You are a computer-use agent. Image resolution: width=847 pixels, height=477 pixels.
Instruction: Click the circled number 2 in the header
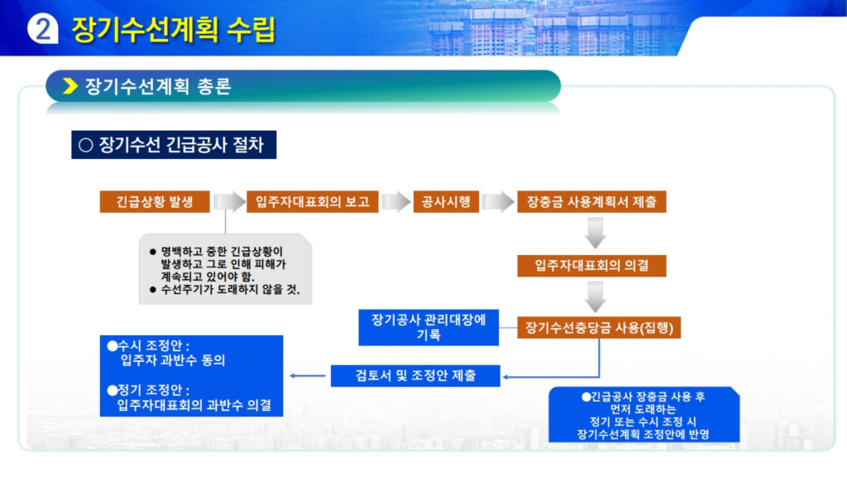[x=42, y=29]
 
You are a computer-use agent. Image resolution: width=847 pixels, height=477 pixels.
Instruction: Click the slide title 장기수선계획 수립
[x=174, y=29]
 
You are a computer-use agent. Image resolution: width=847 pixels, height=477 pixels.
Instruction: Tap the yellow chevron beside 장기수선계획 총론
[x=70, y=86]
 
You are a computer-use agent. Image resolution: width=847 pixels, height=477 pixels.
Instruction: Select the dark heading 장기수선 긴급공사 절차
[x=174, y=144]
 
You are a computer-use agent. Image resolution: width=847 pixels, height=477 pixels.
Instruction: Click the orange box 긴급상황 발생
[x=155, y=202]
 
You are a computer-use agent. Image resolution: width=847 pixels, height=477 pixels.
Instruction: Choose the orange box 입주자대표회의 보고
[x=312, y=202]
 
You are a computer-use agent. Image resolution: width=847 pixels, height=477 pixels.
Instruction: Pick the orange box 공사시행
[x=446, y=202]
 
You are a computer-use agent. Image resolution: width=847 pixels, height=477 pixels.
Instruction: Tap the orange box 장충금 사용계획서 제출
[x=591, y=202]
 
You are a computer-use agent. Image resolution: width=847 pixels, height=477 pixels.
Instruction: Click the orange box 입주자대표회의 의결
[x=591, y=266]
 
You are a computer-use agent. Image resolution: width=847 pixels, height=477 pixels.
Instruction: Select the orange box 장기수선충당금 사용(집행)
[x=599, y=328]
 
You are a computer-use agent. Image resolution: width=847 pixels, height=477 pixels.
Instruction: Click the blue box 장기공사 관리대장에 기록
[x=428, y=327]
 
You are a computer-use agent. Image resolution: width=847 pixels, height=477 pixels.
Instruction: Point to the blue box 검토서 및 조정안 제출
[x=415, y=375]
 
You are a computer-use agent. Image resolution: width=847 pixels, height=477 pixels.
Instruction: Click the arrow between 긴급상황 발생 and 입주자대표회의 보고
[x=229, y=202]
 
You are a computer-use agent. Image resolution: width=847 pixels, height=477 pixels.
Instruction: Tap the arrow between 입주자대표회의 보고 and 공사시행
[x=396, y=202]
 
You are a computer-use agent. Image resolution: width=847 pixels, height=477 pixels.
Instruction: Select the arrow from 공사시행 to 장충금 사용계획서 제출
[x=497, y=202]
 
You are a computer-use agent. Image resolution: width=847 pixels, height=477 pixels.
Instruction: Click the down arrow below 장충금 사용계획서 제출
[x=595, y=233]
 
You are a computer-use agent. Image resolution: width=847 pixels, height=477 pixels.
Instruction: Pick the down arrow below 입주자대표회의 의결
[x=595, y=297]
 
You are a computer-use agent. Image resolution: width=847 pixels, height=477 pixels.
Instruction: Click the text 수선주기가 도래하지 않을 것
[x=230, y=289]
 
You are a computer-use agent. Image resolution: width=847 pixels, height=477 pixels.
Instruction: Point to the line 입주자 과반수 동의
[x=172, y=360]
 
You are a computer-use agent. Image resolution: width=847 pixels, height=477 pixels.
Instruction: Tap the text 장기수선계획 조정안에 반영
[x=643, y=434]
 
